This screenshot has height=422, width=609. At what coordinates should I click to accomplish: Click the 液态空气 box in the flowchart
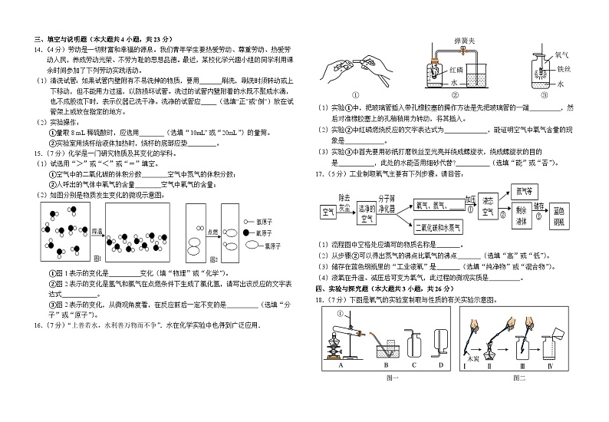tap(488, 209)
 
